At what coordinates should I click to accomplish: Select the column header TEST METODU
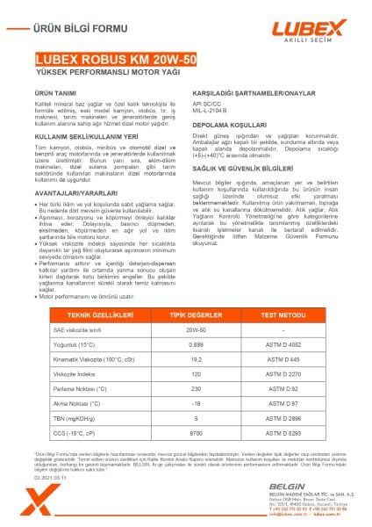pyautogui.click(x=280, y=314)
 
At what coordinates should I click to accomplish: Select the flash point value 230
pyautogui.click(x=185, y=388)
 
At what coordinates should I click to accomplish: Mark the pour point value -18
pyautogui.click(x=185, y=403)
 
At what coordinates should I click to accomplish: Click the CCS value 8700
pyautogui.click(x=185, y=433)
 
